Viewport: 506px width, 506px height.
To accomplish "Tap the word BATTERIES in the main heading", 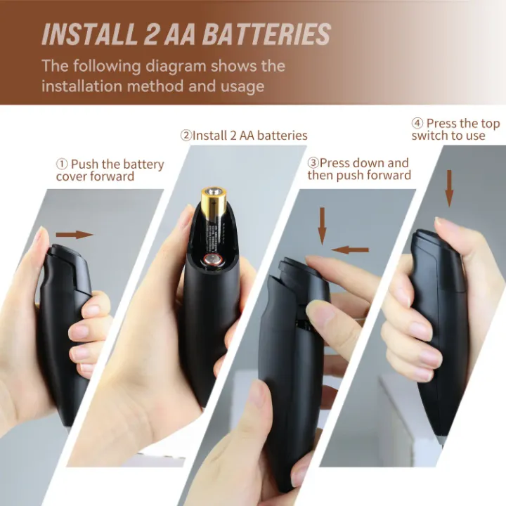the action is pyautogui.click(x=266, y=34).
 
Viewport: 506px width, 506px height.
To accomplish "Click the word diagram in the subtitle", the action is pyautogui.click(x=176, y=67).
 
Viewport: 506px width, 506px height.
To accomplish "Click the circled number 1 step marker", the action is pyautogui.click(x=62, y=164).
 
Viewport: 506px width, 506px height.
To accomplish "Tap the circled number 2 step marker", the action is pyautogui.click(x=186, y=136).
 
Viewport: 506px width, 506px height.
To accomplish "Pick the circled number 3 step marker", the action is pyautogui.click(x=313, y=163).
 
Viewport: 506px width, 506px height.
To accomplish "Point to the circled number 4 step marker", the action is pyautogui.click(x=417, y=123).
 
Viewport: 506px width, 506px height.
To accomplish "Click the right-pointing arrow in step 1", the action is pyautogui.click(x=74, y=235).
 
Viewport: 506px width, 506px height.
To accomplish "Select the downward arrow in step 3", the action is pyautogui.click(x=322, y=226).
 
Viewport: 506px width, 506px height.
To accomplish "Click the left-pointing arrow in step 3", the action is pyautogui.click(x=350, y=249).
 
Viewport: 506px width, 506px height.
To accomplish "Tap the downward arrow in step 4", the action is pyautogui.click(x=449, y=188).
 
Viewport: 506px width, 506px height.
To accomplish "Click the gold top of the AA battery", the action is pyautogui.click(x=214, y=198).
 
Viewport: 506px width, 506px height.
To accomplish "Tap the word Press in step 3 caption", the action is pyautogui.click(x=336, y=163).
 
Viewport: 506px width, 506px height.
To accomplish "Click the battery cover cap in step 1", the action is pyautogui.click(x=66, y=256).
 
